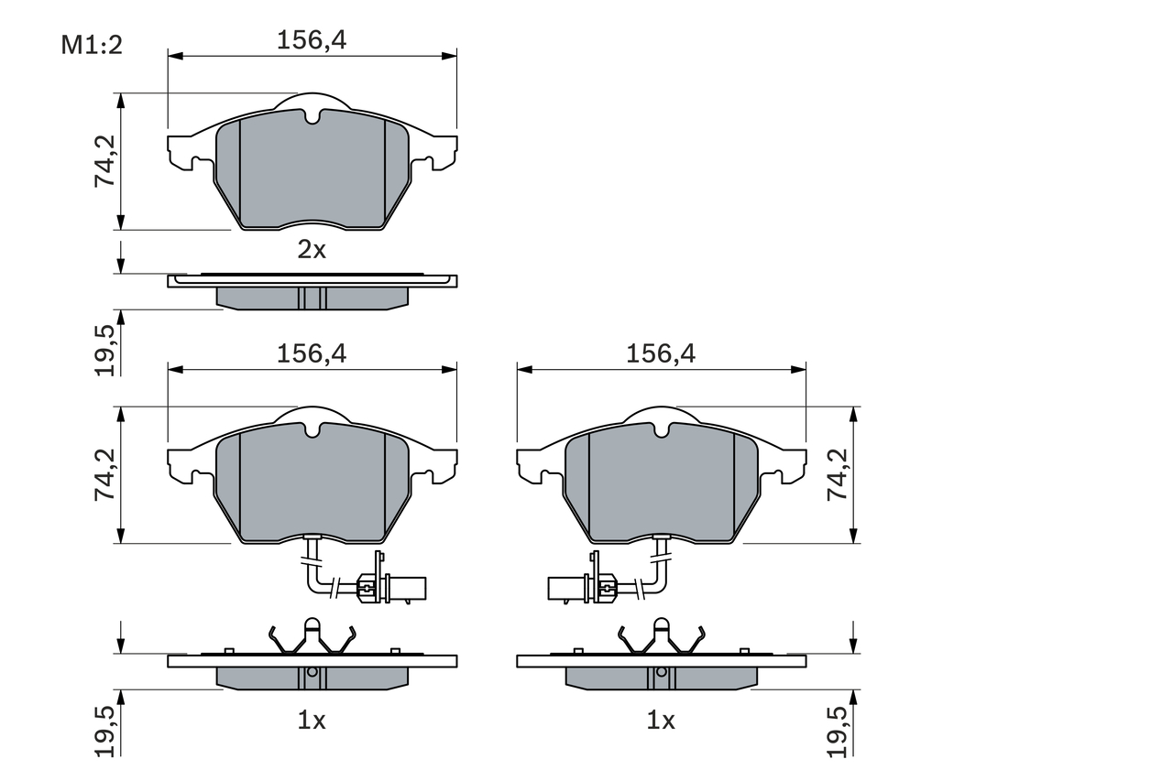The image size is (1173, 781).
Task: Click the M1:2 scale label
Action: (92, 45)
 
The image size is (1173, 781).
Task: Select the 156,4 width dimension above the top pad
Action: (312, 39)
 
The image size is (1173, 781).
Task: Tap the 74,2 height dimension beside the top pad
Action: (105, 161)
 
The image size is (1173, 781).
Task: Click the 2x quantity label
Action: (312, 250)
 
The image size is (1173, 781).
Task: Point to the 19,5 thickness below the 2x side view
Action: (105, 349)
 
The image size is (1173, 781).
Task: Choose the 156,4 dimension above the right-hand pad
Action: (661, 353)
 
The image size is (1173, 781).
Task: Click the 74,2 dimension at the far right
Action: (837, 474)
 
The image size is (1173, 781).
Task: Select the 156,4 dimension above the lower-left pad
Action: (312, 353)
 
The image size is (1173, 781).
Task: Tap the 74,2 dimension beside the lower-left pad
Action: (105, 474)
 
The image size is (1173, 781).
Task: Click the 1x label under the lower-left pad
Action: (312, 721)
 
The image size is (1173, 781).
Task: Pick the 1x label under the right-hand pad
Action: (661, 721)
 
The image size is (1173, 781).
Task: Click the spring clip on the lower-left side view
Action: (312, 637)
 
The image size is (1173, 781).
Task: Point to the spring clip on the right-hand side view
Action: (661, 637)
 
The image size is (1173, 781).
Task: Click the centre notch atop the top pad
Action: (312, 116)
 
